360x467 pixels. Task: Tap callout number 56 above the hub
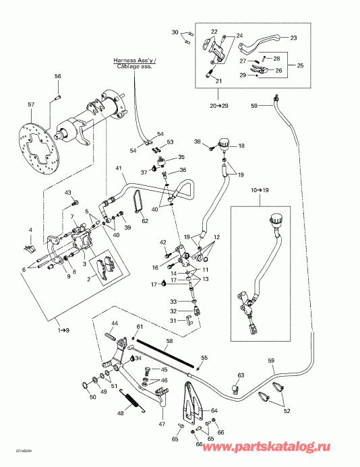(58, 76)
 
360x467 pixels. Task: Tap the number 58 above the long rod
(169, 342)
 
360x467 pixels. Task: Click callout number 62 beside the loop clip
(145, 220)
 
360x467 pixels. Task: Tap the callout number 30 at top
(175, 32)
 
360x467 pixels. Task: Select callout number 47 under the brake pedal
(162, 425)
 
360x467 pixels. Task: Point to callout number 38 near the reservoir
(198, 142)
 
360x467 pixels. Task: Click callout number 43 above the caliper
(68, 193)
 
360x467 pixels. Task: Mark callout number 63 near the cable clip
(240, 375)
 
